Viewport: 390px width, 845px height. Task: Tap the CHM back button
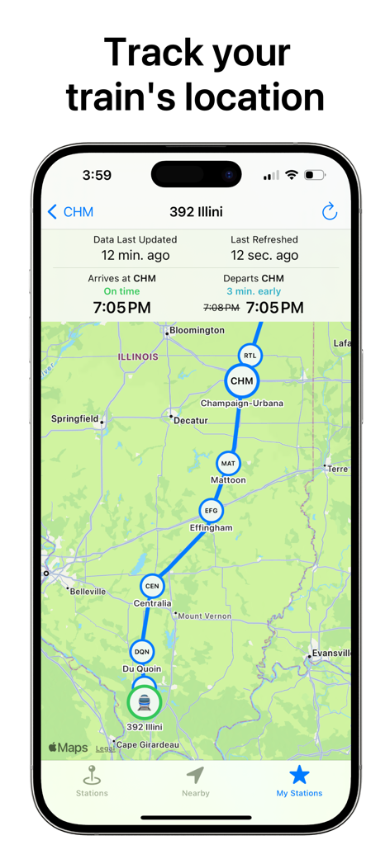pos(70,212)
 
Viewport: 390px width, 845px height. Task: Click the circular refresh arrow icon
pos(330,212)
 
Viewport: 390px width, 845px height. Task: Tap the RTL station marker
pos(250,356)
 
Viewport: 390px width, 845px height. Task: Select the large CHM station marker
pos(241,381)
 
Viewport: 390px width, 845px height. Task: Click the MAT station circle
pos(228,464)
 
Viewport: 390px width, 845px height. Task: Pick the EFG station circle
pos(211,512)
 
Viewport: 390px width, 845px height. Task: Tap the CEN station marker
pos(152,587)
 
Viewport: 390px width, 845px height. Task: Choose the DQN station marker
pos(142,652)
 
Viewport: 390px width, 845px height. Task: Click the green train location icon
pos(145,703)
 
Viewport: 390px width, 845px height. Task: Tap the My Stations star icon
pos(299,775)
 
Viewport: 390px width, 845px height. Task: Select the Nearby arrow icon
pos(195,775)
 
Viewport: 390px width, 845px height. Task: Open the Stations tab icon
pos(92,776)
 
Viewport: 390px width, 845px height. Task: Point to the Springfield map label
pos(74,419)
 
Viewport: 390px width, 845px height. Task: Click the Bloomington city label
pos(197,330)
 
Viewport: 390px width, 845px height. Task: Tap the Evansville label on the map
pos(331,654)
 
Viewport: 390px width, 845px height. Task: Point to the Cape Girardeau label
pos(148,744)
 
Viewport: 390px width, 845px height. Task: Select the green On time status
pos(121,291)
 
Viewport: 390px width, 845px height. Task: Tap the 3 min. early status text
pos(253,291)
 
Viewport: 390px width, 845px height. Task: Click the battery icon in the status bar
pos(314,176)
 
